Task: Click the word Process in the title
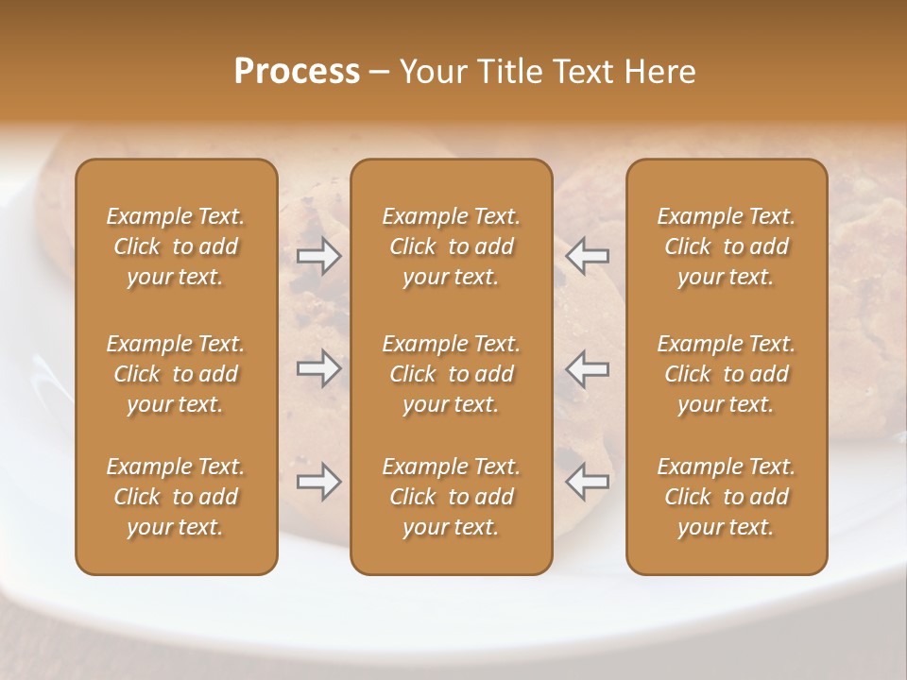tap(297, 72)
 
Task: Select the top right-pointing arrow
tap(318, 256)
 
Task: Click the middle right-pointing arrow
tap(318, 368)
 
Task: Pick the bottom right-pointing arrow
tap(318, 482)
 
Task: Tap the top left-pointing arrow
tap(587, 256)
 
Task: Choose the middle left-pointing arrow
tap(587, 368)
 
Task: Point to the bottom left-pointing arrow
tap(587, 482)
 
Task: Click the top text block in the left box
tap(176, 246)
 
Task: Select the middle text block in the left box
tap(176, 374)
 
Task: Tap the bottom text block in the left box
tap(176, 497)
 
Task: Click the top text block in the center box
tap(451, 246)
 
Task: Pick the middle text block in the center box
tap(451, 374)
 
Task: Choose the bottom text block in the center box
tap(451, 497)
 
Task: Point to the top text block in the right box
tap(727, 246)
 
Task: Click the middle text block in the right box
tap(727, 374)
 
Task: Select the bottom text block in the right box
tap(727, 497)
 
